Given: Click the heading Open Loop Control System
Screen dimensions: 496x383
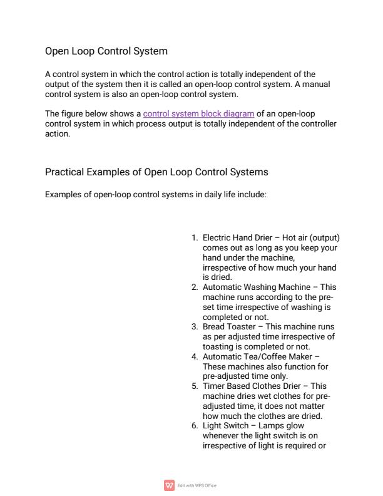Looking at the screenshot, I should pos(106,51).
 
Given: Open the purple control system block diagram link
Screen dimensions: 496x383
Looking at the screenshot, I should pos(198,113).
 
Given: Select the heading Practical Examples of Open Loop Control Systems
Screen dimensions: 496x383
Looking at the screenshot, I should pos(156,172).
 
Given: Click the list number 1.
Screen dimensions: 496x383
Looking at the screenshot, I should pos(194,238).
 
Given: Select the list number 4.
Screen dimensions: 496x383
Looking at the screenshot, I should pos(194,357).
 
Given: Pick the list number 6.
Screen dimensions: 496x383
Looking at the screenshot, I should pos(194,425).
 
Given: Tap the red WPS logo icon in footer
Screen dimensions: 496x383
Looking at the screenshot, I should pos(168,485).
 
